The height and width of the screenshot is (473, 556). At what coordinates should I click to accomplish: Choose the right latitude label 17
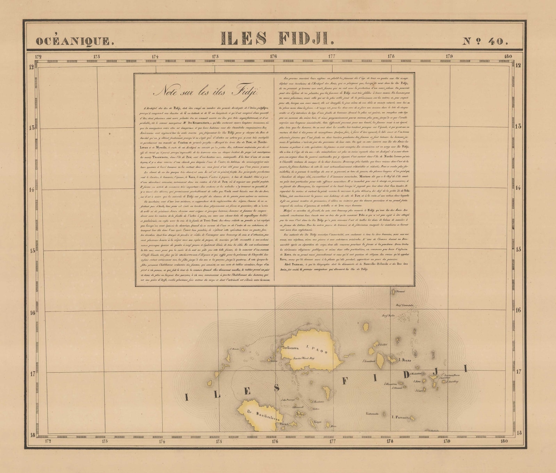518,372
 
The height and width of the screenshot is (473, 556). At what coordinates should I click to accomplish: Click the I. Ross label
405,360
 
